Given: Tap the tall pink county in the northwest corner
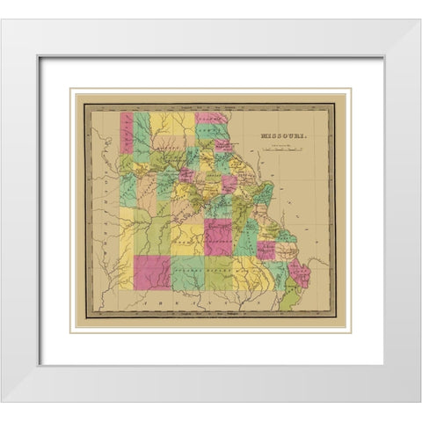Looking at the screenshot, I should pyautogui.click(x=127, y=133).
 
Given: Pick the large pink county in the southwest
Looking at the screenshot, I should pyautogui.click(x=153, y=272).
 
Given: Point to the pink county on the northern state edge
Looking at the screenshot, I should pyautogui.click(x=212, y=117).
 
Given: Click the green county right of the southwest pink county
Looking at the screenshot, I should pyautogui.click(x=187, y=273).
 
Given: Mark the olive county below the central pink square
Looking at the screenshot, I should pyautogui.click(x=219, y=272).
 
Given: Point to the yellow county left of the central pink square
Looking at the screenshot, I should pyautogui.click(x=186, y=237).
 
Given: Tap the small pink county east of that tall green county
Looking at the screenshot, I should pyautogui.click(x=266, y=251).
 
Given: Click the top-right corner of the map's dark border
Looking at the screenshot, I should pyautogui.click(x=335, y=105).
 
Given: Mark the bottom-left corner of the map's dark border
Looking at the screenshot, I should pyautogui.click(x=85, y=316).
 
